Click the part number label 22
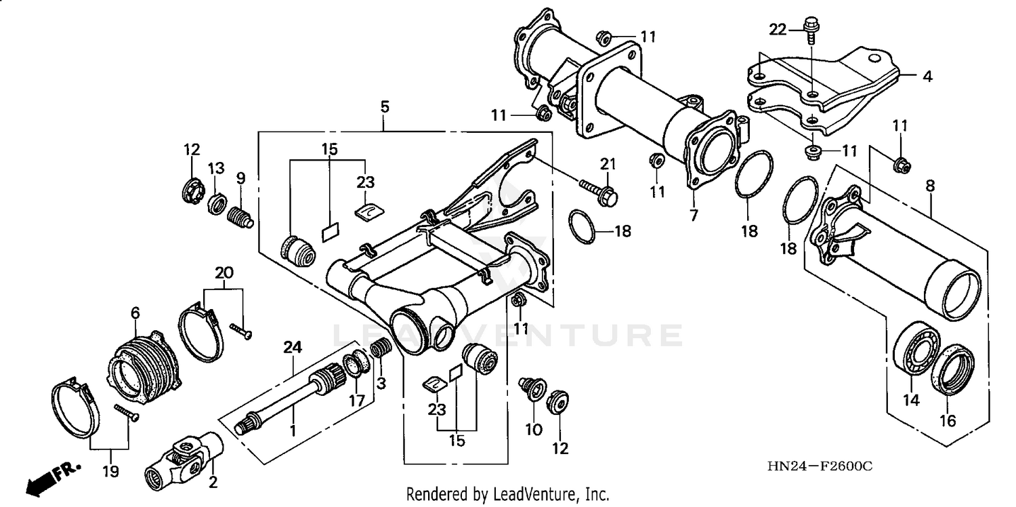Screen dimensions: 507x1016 pyautogui.click(x=778, y=28)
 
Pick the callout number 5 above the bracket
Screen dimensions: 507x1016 pyautogui.click(x=384, y=106)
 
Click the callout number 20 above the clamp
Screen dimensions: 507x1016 pyautogui.click(x=224, y=272)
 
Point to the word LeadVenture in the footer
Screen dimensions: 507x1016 pyautogui.click(x=534, y=494)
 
